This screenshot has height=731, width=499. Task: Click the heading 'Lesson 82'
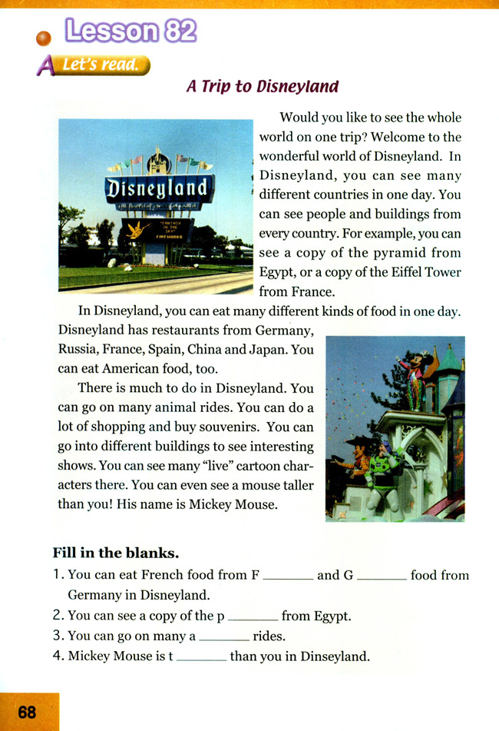pos(131,30)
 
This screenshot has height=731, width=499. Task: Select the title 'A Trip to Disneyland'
pos(262,86)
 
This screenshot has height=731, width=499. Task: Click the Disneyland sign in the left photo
pos(157,187)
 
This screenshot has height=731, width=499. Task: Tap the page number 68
pos(27,712)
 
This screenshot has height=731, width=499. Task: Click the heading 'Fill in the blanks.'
pos(115,553)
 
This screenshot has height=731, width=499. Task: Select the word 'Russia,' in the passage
pos(81,349)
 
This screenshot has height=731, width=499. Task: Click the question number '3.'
pos(58,636)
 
